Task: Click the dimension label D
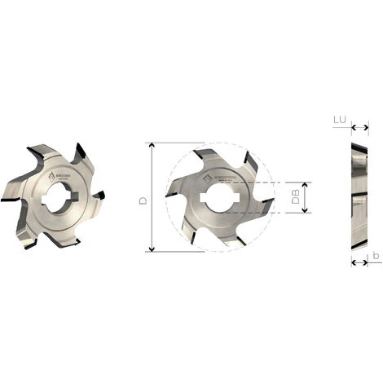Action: pos(143,196)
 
